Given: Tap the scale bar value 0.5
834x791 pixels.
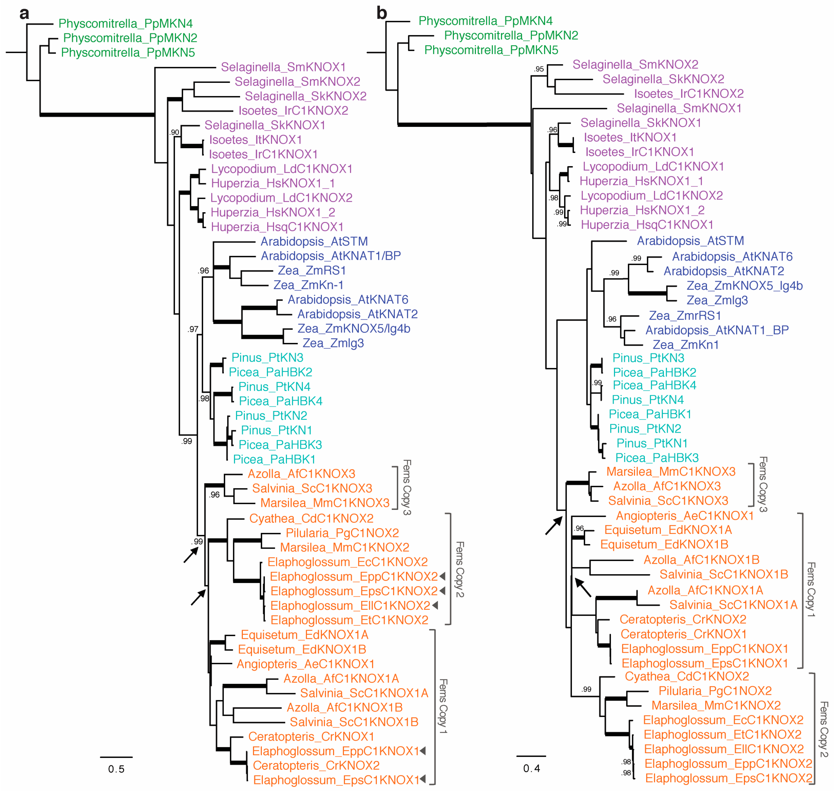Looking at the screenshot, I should click(116, 769).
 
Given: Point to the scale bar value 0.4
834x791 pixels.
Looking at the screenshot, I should click(531, 768).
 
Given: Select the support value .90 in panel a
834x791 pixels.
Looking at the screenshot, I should click(174, 132).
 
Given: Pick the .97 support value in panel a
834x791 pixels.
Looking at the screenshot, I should click(193, 329).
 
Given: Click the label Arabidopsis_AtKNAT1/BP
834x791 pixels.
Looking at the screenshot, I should click(331, 256).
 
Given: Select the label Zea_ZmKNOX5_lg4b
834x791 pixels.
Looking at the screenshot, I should click(744, 286).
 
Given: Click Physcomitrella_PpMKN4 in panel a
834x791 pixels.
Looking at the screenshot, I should click(125, 24).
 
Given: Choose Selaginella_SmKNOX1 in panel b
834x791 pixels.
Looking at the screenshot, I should click(679, 108).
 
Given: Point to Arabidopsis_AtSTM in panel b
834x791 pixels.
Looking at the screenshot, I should click(690, 241).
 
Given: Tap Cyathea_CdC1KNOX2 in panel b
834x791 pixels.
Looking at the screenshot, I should click(687, 676).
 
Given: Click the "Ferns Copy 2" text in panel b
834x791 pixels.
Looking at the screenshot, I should click(823, 729).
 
